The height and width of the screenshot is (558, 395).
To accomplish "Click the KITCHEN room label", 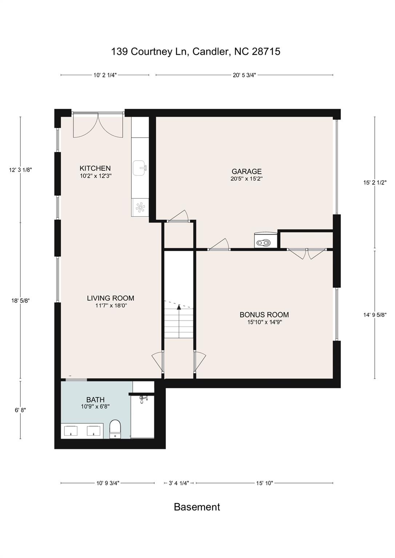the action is (95, 168).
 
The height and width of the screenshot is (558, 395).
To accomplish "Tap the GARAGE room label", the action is (247, 171).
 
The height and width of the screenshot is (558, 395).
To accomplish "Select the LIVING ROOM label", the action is (111, 298).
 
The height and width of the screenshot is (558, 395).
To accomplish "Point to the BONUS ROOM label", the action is (264, 315).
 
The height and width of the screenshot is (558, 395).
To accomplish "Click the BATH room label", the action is (95, 400).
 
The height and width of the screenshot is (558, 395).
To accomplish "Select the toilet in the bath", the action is (115, 429).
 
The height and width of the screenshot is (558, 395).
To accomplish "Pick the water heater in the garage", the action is (265, 240).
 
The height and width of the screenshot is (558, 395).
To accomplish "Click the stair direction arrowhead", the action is (179, 307).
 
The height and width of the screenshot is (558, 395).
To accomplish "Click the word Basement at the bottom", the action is (197, 507).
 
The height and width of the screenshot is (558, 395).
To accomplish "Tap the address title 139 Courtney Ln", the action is (149, 52).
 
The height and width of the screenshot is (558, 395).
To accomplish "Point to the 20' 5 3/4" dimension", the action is (244, 75).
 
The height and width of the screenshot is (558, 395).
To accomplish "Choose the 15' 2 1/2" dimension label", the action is (375, 182).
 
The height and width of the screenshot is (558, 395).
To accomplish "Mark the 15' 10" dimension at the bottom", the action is (264, 483).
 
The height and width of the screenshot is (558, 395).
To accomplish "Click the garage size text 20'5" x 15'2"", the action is (247, 179).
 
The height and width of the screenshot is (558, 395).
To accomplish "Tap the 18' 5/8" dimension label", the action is (20, 301).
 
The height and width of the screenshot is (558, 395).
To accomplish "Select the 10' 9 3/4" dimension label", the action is (108, 483).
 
